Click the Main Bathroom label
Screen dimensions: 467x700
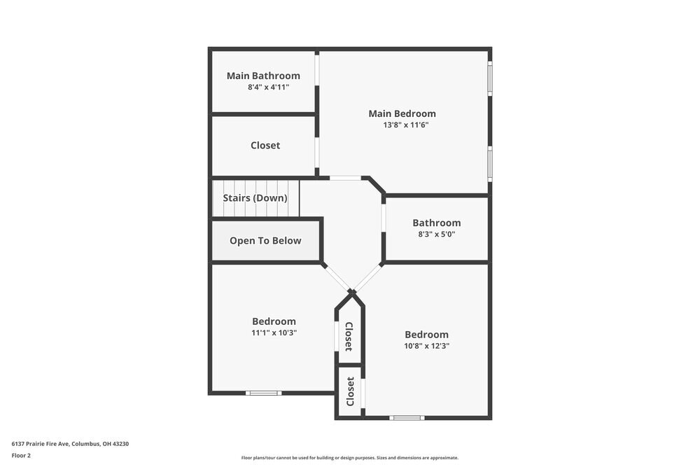263,76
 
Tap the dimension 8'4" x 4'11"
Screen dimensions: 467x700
268,88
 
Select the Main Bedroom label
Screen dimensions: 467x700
402,113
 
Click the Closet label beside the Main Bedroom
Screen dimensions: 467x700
265,146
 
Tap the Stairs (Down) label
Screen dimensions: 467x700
255,198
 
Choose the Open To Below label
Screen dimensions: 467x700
265,241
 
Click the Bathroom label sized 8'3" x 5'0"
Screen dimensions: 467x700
436,223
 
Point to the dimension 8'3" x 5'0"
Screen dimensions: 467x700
436,235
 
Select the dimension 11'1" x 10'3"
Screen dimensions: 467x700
274,333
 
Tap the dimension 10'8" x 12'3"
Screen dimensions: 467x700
426,346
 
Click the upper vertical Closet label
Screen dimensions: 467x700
349,336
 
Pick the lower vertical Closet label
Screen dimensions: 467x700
350,391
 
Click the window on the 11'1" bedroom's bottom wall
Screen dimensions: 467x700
263,393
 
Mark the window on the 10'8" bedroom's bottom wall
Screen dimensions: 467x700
407,418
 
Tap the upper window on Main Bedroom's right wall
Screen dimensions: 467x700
490,78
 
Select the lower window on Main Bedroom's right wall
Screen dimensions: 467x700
490,163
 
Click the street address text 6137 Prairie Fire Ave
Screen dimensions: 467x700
70,444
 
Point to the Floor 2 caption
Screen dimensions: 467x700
21,455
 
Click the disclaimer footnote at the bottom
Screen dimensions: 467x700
350,458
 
